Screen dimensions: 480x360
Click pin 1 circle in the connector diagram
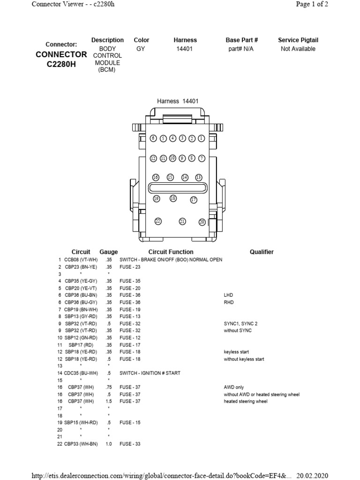[201, 139]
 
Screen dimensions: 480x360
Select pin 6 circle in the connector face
[153, 139]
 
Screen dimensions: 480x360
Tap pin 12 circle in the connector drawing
[153, 158]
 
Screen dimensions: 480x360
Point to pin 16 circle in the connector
[156, 178]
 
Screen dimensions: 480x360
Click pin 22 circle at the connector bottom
[158, 221]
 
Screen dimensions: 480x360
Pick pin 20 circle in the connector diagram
[202, 222]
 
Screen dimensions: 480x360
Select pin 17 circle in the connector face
[194, 200]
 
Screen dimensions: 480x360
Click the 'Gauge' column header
[109, 252]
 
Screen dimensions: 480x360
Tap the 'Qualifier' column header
[262, 252]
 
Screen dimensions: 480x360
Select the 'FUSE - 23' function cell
[130, 267]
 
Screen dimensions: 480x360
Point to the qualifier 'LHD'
[228, 295]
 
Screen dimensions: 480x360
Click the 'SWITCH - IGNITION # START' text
[150, 373]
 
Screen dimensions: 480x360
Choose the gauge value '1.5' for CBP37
[109, 402]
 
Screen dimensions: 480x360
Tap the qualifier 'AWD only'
[234, 387]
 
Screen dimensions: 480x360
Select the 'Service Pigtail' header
[298, 40]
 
